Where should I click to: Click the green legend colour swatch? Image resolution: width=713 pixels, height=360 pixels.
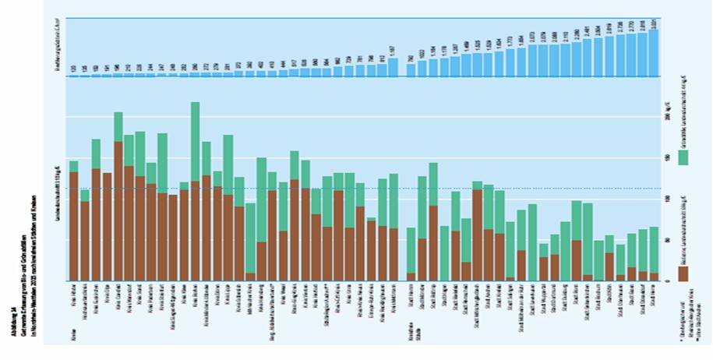click(683, 157)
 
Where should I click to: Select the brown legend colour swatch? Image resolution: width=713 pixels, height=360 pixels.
click(683, 272)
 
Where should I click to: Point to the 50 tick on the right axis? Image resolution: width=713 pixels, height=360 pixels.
click(666, 240)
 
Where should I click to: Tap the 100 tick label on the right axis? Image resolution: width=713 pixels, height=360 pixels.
click(666, 199)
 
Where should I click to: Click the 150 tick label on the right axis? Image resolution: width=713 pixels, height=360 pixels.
click(666, 158)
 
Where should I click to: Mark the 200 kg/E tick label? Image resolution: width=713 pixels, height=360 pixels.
click(666, 117)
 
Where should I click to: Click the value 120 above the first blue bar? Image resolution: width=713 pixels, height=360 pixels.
click(73, 69)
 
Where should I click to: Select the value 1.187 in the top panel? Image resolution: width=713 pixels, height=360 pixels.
click(394, 51)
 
